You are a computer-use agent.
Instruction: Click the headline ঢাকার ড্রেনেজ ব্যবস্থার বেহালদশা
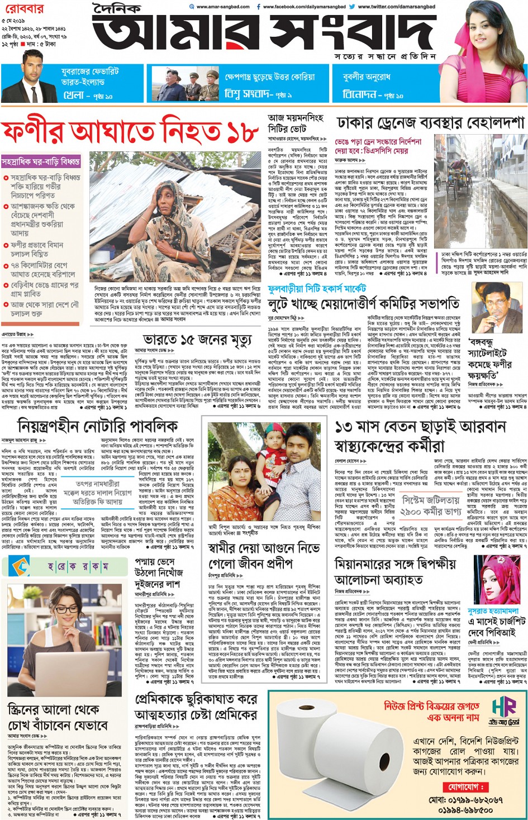click(430, 123)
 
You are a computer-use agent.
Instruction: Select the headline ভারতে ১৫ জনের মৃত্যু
click(197, 340)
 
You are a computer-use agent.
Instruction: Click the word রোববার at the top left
click(22, 9)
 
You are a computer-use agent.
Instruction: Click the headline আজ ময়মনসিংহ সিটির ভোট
click(296, 123)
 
